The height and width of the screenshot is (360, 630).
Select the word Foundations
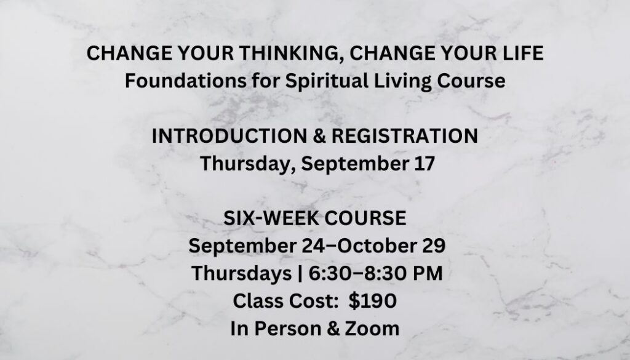186,81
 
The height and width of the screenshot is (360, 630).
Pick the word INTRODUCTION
229,136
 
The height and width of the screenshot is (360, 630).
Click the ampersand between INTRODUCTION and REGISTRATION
319,136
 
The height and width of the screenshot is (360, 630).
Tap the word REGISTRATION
405,136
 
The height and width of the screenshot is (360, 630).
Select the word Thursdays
241,274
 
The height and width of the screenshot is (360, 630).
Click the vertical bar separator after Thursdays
300,274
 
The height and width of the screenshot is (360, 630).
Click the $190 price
372,301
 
